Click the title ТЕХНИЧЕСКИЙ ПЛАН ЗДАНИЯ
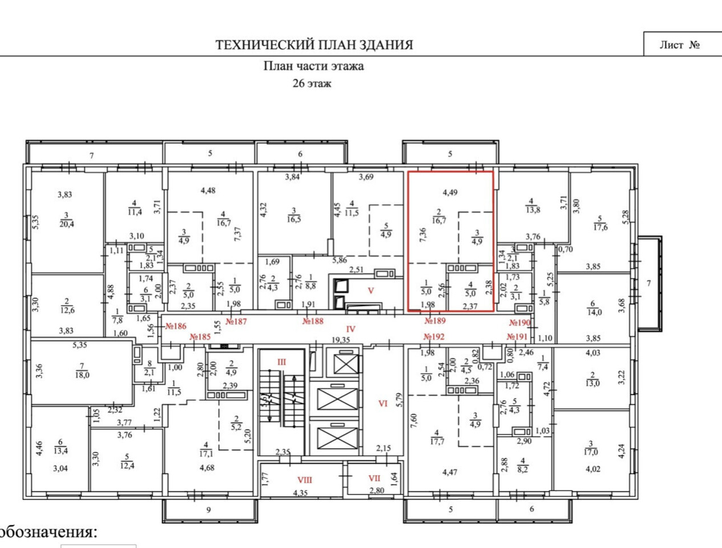point(314,45)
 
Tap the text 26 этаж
point(311,83)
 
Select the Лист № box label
point(679,45)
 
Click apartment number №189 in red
point(435,321)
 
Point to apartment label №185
point(200,337)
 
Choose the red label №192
point(435,337)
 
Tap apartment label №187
point(236,321)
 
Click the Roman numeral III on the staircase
point(282,362)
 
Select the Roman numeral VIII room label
point(305,479)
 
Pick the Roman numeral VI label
point(383,403)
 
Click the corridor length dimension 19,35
point(340,340)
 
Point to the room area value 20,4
point(67,224)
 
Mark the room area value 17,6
point(600,227)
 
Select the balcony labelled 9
point(208,510)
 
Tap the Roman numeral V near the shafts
point(371,291)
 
